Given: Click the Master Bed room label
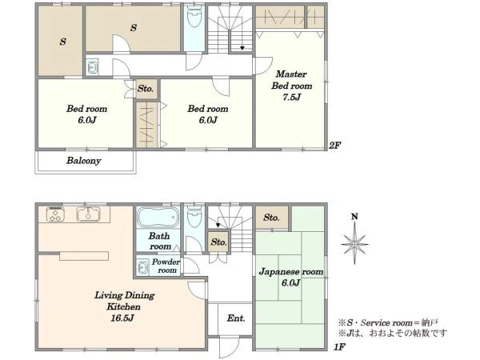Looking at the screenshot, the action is tap(291, 80).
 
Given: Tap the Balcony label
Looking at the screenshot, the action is tap(83, 161).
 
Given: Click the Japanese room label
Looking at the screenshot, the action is tap(291, 272).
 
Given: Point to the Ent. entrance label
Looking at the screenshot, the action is tap(236, 318).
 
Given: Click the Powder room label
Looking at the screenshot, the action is tap(166, 266).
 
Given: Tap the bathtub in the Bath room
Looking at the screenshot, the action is tap(158, 217).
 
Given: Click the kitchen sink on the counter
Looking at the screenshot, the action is tap(89, 214).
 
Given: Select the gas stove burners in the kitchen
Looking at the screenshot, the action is tap(55, 214).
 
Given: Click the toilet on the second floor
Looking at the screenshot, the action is tap(194, 16).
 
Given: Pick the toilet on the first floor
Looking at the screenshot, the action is tap(194, 216).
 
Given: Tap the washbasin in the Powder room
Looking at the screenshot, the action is tap(142, 267).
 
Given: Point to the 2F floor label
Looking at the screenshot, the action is tap(334, 145).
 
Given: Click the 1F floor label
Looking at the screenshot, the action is tap(339, 347).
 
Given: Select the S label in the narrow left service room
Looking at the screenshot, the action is tap(62, 42).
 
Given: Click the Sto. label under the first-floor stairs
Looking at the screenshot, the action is tap(218, 242).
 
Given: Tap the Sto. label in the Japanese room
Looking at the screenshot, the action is tap(271, 218).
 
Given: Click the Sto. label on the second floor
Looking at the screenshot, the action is tap(146, 89).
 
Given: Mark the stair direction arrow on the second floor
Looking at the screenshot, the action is tap(242, 48).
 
